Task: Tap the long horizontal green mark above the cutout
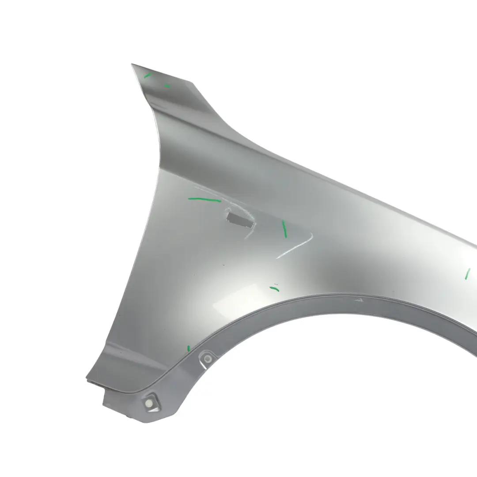pos(204,199)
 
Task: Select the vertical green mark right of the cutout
pos(284,228)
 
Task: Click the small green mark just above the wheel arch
pos(274,289)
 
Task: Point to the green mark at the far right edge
pos(467,274)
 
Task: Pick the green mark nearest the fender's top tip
pos(148,76)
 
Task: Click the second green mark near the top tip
pos(167,86)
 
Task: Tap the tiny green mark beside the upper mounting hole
pos(189,348)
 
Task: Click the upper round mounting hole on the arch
pos(208,359)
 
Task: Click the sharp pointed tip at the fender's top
pos(132,64)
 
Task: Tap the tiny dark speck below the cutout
pos(223,265)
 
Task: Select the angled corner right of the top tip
pos(192,83)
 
